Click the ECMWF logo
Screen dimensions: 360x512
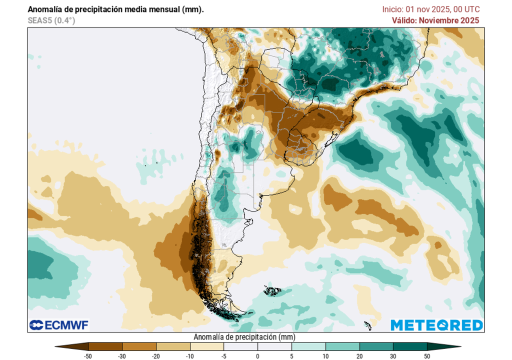[59, 325]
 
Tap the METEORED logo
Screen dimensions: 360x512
[436, 325]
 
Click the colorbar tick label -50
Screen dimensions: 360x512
[88, 356]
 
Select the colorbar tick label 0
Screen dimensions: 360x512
[257, 356]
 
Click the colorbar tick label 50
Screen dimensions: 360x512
[426, 356]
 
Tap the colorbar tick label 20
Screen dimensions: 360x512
[359, 356]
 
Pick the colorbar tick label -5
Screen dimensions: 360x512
[223, 356]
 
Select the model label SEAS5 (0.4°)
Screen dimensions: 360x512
[51, 20]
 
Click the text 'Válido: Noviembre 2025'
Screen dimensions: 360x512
[435, 20]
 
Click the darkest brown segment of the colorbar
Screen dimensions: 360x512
[105, 346]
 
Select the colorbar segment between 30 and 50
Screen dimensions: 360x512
[409, 346]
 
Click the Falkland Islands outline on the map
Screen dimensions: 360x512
[273, 290]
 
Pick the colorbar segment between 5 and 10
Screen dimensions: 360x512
[308, 346]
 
